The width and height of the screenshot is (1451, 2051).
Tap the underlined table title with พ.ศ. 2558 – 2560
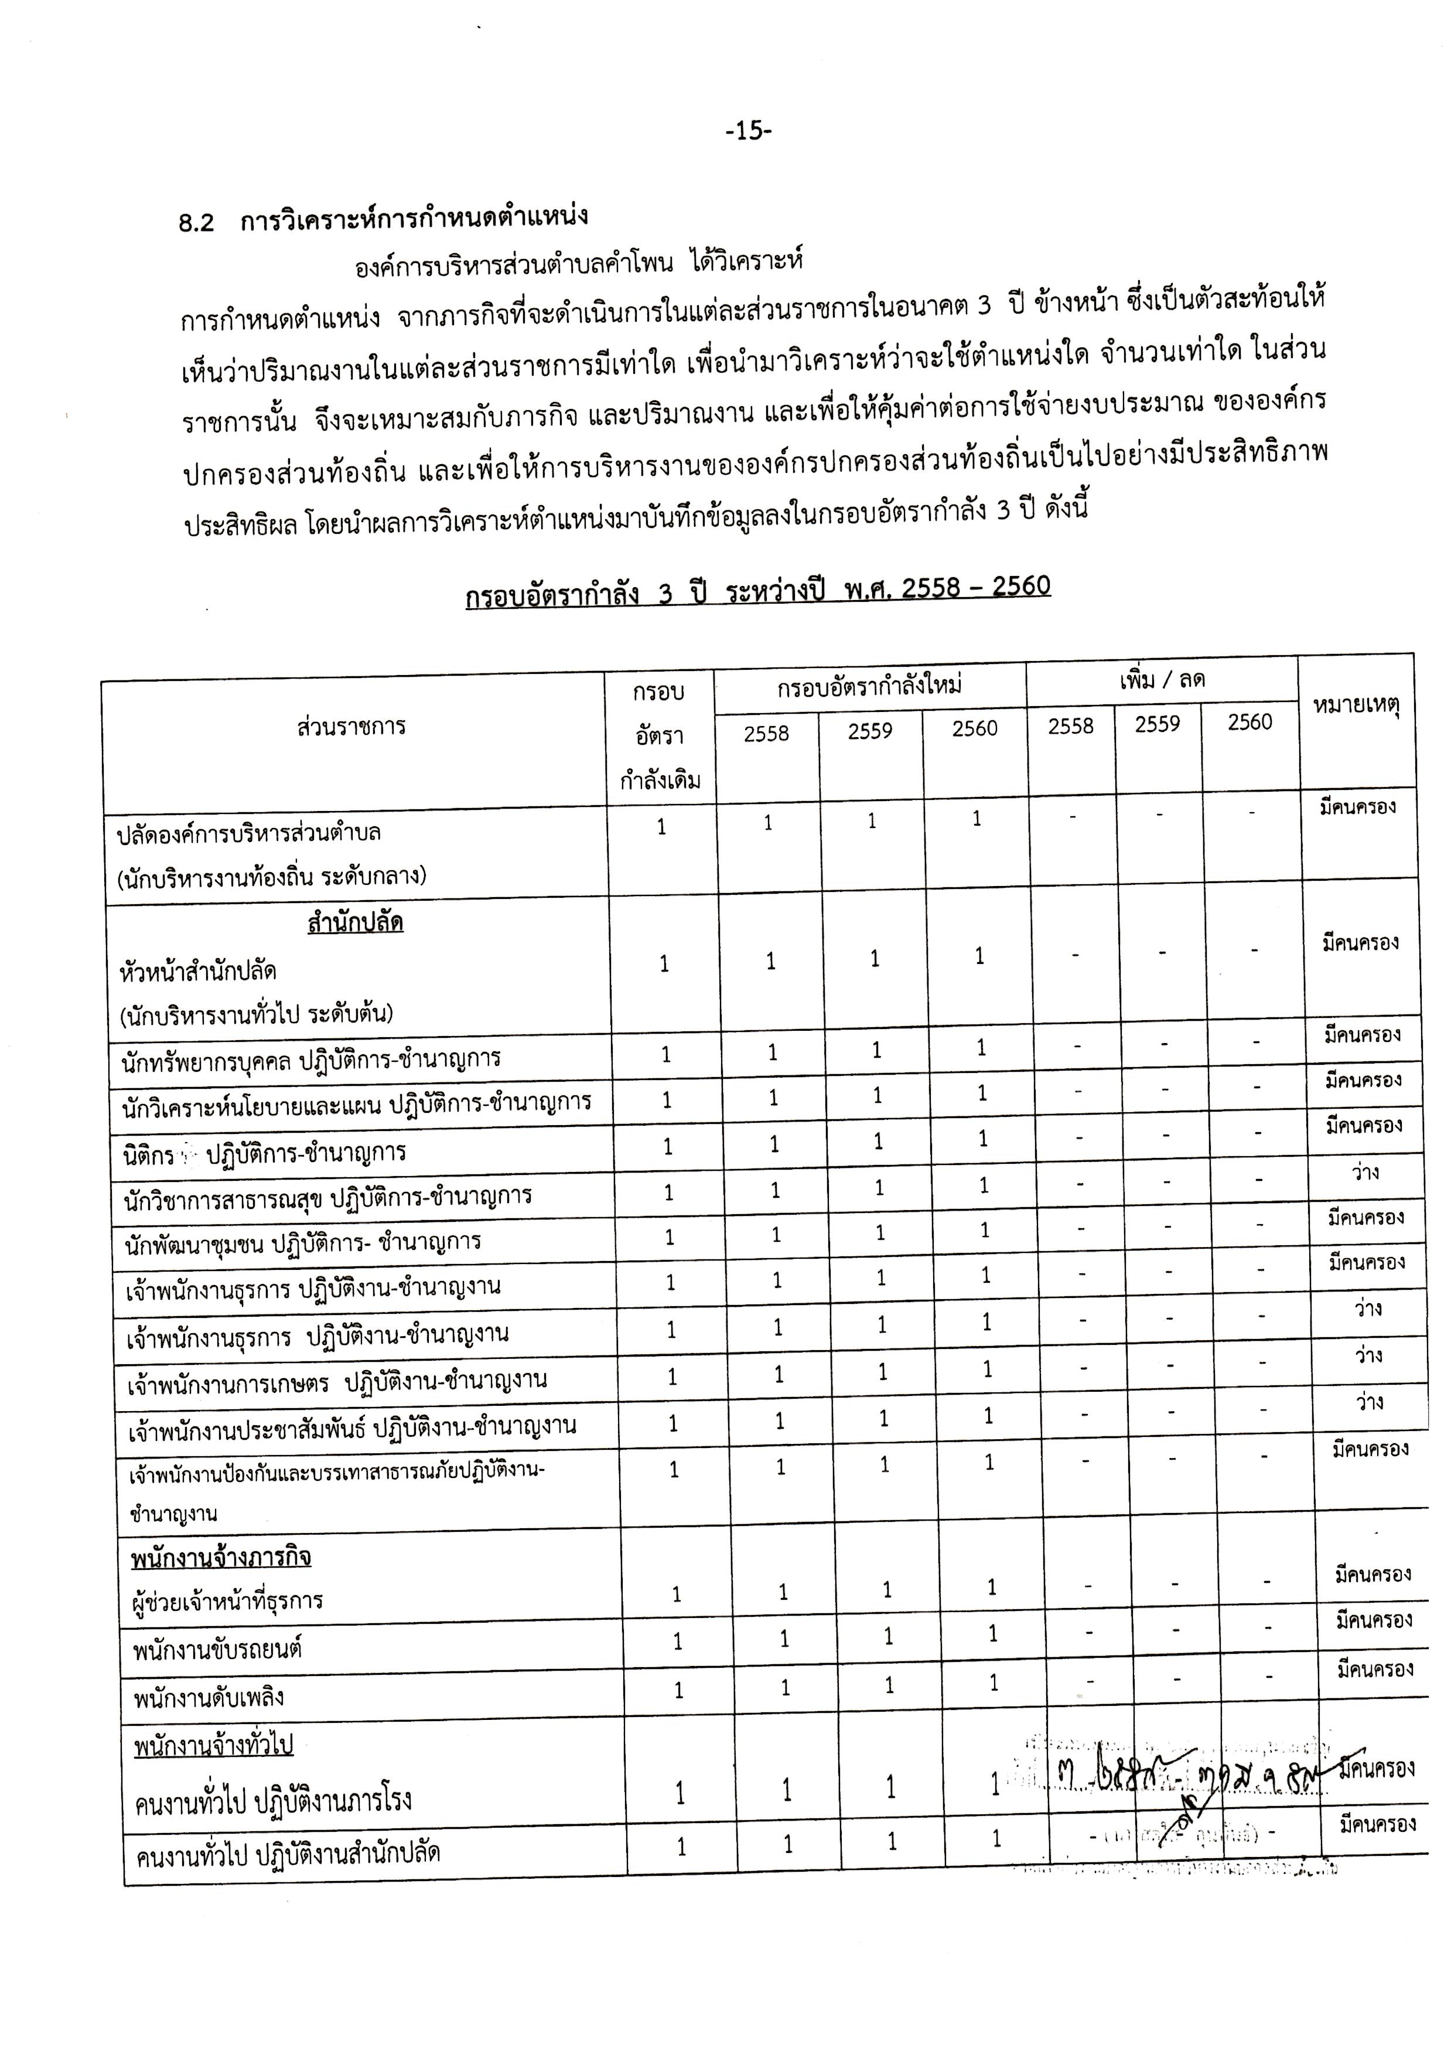click(757, 591)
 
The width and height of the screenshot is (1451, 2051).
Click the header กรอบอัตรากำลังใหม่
click(869, 686)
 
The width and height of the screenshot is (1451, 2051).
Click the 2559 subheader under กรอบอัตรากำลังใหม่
click(870, 732)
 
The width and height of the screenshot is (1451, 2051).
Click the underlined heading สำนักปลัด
click(355, 922)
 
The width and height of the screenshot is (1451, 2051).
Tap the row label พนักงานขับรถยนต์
click(217, 1650)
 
